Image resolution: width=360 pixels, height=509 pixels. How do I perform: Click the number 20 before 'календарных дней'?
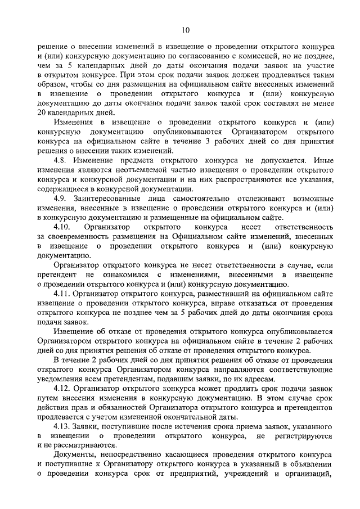pyautogui.click(x=43, y=112)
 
